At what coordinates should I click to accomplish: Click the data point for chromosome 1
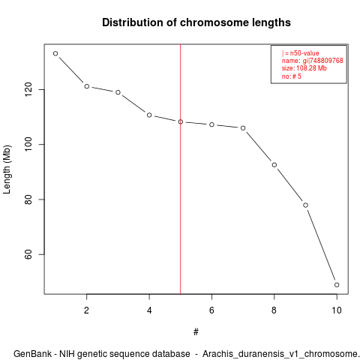tap(55, 53)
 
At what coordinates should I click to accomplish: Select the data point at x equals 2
tap(87, 86)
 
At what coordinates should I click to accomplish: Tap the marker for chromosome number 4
tap(149, 115)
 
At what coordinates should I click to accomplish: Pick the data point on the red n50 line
tap(181, 121)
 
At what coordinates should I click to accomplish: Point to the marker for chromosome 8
tap(274, 165)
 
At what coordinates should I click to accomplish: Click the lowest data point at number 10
tap(337, 285)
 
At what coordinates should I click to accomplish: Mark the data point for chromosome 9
tap(305, 205)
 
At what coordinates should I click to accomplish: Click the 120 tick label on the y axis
tap(28, 89)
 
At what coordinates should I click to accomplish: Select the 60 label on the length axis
tap(28, 254)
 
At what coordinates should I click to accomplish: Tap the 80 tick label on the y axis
tap(28, 199)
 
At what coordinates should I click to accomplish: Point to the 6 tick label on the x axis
tap(211, 310)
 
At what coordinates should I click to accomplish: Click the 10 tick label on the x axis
tap(337, 310)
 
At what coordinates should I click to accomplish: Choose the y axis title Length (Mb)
tap(7, 169)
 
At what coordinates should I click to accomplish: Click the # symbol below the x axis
tap(196, 332)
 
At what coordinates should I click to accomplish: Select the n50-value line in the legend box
tap(300, 53)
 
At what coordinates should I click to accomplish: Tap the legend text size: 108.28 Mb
tap(304, 68)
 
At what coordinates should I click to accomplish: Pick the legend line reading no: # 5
tap(292, 76)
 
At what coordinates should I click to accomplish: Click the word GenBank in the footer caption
tap(32, 354)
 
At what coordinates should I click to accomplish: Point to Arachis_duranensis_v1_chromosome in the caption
tap(280, 355)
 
